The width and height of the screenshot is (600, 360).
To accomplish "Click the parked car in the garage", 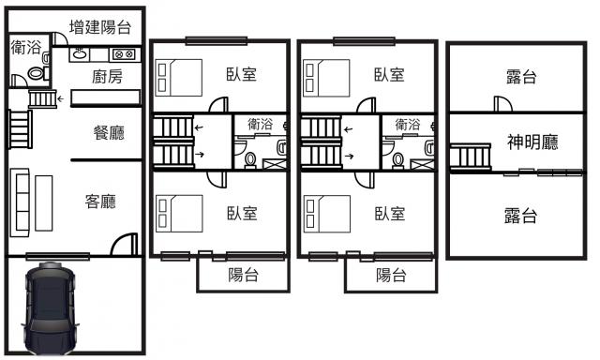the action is (x=50, y=308).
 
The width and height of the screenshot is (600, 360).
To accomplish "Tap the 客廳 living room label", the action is (x=100, y=202).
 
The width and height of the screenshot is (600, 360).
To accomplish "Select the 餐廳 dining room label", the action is (x=109, y=133).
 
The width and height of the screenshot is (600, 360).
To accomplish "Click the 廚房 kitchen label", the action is (x=107, y=77).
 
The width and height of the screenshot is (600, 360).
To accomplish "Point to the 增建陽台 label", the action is (x=100, y=27).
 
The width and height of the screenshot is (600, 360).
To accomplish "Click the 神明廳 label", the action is (x=532, y=142).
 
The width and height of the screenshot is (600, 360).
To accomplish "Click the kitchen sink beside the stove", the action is (x=80, y=54).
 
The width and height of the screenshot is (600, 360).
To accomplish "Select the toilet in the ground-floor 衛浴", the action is (x=37, y=73).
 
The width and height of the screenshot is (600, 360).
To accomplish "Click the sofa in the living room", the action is (x=20, y=202).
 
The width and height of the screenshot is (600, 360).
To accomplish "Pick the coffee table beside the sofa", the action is (x=44, y=203).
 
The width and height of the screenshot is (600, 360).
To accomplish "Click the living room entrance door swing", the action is (x=125, y=244).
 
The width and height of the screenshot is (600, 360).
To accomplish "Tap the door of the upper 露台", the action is (x=502, y=103).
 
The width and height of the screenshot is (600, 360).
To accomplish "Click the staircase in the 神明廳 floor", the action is (x=471, y=157).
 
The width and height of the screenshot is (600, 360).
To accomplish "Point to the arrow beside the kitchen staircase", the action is (x=60, y=99).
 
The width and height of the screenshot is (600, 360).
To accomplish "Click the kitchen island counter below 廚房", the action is (x=106, y=97).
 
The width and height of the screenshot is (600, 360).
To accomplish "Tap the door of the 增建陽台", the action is (x=60, y=39).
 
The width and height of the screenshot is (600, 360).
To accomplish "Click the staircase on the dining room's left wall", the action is (x=21, y=129).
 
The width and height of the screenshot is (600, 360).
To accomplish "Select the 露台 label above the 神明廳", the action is (x=521, y=77).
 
